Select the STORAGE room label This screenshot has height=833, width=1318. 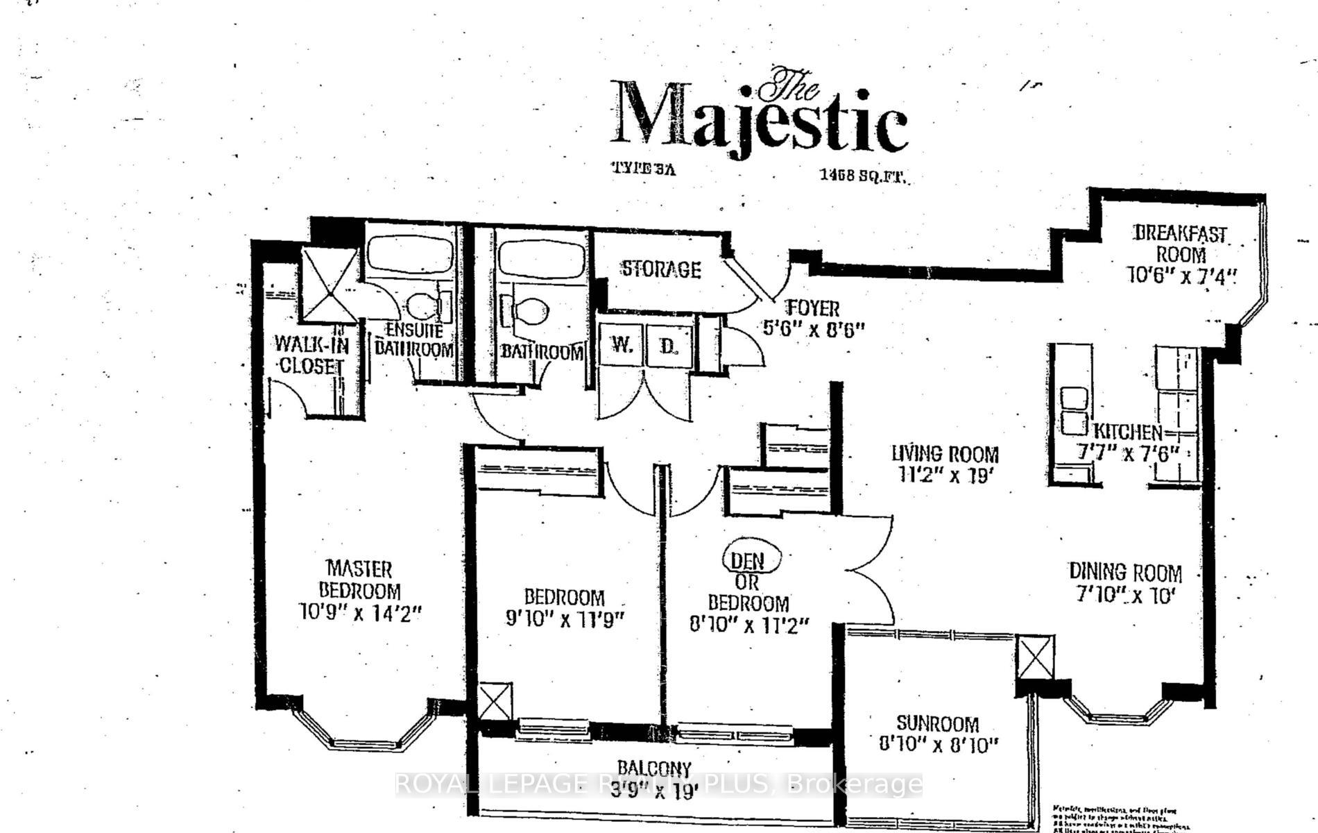tap(660, 269)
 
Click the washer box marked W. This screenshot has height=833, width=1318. tap(621, 345)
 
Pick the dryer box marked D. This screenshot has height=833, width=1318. tap(668, 345)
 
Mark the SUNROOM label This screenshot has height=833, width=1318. tap(936, 724)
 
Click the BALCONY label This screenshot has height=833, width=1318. tap(654, 768)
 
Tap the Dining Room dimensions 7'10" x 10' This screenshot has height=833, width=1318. tap(1124, 596)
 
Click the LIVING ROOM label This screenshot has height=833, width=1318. tap(945, 455)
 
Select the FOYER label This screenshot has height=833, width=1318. tap(812, 308)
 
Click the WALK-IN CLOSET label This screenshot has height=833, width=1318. tap(310, 354)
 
